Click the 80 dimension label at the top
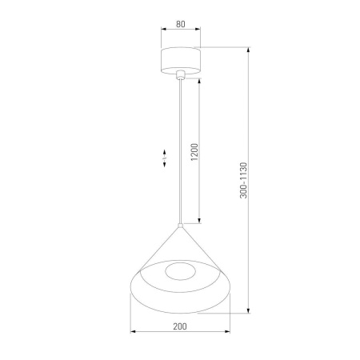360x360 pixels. click(x=181, y=25)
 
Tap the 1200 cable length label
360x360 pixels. click(x=194, y=152)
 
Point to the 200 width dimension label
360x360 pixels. click(x=181, y=326)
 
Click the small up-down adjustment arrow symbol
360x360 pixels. click(x=163, y=158)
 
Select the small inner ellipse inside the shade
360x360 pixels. click(x=181, y=272)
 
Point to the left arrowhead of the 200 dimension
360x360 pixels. click(x=132, y=332)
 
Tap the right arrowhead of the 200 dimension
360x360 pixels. click(x=230, y=332)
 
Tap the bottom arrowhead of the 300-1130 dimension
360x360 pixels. click(x=250, y=313)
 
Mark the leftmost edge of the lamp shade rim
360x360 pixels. click(x=130, y=288)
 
